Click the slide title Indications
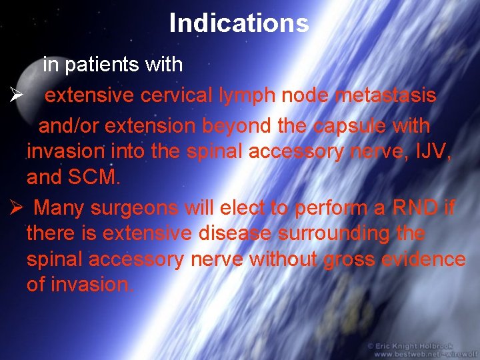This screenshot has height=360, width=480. (x=239, y=23)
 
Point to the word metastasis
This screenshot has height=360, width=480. (x=385, y=95)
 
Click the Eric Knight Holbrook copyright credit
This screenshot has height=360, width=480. (x=418, y=346)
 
